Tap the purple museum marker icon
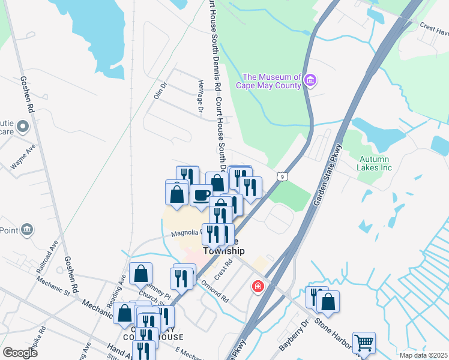310,80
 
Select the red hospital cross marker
258,287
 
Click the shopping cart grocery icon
364,343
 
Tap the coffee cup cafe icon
201,195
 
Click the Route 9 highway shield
282,176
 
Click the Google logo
20,353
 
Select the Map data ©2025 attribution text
423,355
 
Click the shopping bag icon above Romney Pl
140,274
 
